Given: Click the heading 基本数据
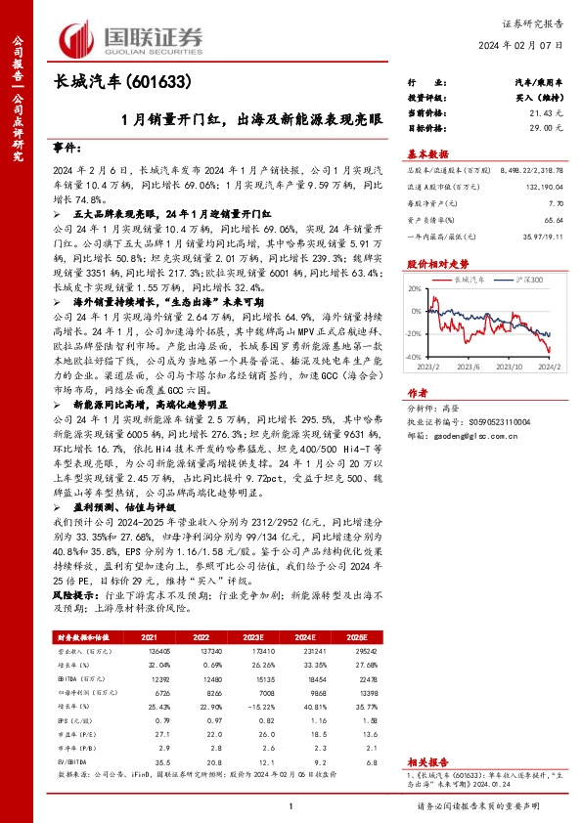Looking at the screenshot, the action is click(x=427, y=153).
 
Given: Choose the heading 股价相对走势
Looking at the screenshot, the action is click(x=437, y=264).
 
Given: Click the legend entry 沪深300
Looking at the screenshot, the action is click(x=527, y=279).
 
